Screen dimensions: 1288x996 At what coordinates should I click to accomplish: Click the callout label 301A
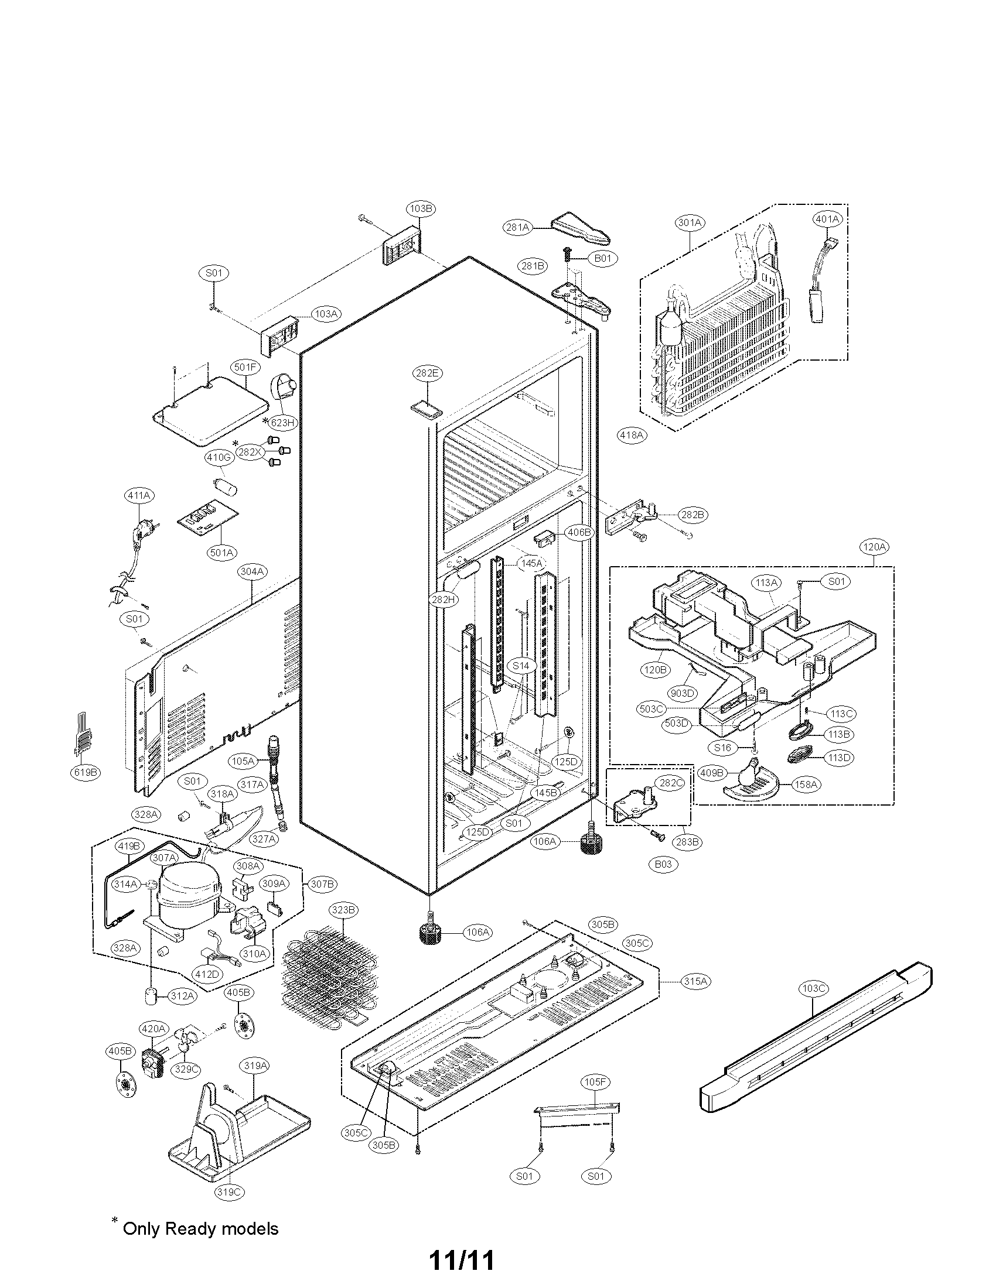click(x=690, y=222)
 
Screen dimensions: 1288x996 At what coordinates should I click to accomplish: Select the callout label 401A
click(x=827, y=219)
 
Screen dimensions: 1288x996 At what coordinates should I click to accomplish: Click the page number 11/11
click(x=461, y=1256)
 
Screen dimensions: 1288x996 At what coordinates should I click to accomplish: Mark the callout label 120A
click(x=874, y=547)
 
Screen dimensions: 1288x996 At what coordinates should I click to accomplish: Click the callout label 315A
click(x=694, y=981)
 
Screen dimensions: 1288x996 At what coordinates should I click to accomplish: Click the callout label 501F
click(x=245, y=367)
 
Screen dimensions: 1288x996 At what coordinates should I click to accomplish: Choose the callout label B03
click(x=663, y=864)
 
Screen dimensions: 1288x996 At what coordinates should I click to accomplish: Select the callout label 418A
click(x=631, y=435)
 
